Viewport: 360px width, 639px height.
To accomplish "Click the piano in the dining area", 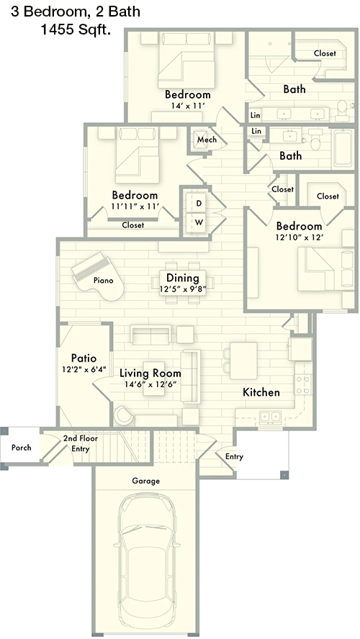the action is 97,276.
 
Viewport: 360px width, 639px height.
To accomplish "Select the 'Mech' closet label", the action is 207,140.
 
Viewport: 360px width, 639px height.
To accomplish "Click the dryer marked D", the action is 199,203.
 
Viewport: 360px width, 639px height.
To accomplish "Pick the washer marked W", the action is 199,222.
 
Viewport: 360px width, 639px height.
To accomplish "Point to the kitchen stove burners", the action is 303,385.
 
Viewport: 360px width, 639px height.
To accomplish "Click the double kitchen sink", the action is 270,417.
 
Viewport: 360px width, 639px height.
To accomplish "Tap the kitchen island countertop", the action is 243,361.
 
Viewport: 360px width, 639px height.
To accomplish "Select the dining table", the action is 182,282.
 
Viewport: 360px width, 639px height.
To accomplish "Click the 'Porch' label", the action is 21,448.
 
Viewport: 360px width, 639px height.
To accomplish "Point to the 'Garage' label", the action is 145,481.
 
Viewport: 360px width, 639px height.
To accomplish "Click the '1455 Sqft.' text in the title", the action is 76,30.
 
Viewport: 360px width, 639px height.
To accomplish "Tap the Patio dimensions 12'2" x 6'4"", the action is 84,370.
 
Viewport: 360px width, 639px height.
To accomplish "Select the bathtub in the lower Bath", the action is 343,149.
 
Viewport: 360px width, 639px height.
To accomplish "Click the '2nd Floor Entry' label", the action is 81,443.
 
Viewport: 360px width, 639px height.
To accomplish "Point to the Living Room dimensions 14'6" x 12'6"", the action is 150,384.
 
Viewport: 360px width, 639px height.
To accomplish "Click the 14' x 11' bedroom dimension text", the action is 187,106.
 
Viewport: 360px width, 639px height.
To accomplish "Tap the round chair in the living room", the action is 124,415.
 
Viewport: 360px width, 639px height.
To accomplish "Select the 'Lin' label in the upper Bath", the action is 255,115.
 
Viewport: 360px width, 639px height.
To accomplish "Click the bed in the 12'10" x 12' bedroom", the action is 325,269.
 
